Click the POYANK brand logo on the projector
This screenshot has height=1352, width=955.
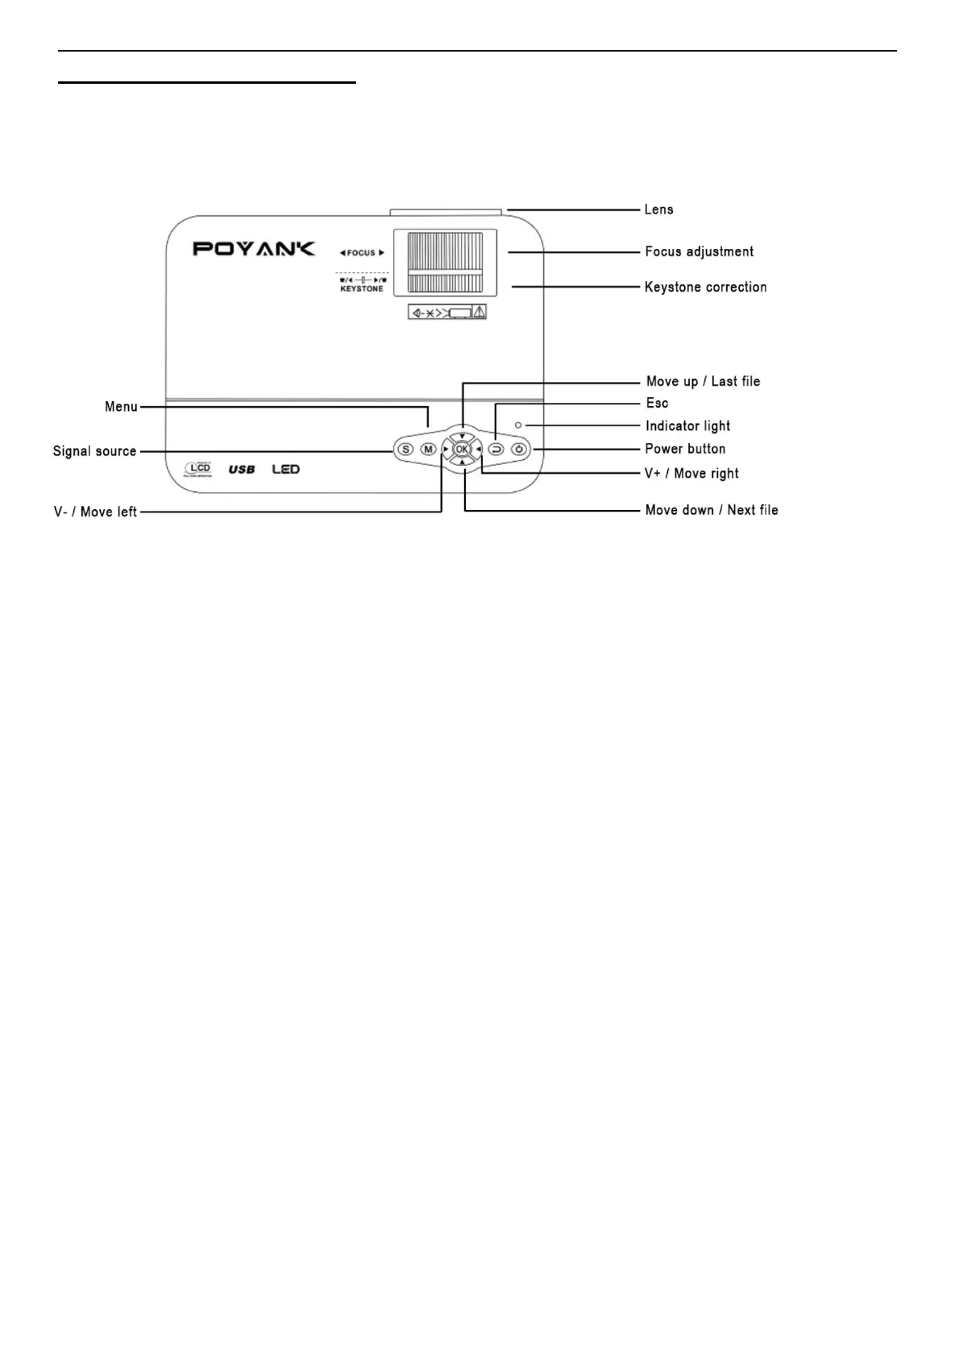254,248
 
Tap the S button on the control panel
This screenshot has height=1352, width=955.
405,450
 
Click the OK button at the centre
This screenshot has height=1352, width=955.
462,450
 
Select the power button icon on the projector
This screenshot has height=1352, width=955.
520,450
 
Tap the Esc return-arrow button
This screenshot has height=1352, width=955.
496,450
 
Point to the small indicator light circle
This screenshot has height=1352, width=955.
518,425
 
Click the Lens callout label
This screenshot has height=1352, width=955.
658,209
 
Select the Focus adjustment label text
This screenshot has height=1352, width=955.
699,251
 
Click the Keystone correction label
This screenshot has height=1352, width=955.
705,287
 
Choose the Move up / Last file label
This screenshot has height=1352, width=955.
703,381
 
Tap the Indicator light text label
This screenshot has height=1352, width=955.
687,425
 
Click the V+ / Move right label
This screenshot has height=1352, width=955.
691,473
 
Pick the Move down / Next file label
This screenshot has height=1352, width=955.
712,510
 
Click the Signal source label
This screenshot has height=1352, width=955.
94,451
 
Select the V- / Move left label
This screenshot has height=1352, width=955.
95,512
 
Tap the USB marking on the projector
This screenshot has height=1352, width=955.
242,469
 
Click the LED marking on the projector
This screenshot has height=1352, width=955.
286,469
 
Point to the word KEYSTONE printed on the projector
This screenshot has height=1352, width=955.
362,288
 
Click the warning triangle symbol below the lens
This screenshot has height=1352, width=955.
480,312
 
